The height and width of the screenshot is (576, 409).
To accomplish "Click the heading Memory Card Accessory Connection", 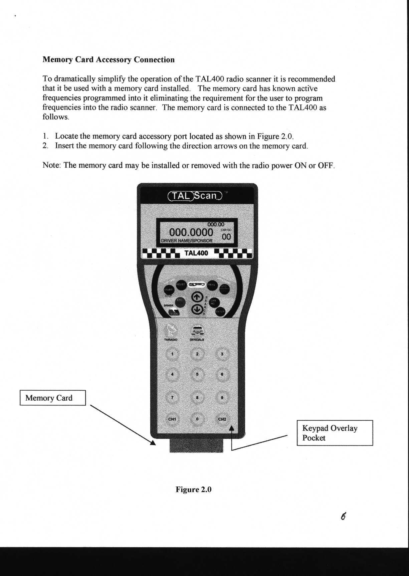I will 109,60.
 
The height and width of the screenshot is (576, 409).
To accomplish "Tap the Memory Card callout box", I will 53,398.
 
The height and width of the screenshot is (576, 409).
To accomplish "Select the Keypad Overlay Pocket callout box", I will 335,433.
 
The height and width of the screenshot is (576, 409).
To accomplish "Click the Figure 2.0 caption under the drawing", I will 194,490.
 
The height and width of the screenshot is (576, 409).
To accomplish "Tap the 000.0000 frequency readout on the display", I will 191,232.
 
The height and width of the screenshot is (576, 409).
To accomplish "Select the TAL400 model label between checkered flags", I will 196,253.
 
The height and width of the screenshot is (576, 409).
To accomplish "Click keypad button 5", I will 197,374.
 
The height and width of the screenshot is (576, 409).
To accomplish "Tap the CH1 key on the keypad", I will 172,419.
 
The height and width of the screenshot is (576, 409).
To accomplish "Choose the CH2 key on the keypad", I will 222,419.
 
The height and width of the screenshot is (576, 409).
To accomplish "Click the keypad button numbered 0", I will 197,419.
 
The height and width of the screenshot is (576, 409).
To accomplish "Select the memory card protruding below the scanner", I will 196,446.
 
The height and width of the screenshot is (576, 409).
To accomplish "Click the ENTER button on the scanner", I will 220,311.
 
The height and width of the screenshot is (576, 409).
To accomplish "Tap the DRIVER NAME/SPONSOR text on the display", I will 187,240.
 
